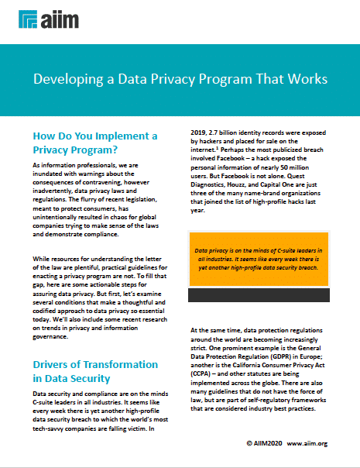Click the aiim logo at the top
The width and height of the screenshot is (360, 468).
37,19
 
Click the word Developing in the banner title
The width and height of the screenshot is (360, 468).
64,79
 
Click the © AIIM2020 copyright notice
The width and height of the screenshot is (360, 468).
262,445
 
